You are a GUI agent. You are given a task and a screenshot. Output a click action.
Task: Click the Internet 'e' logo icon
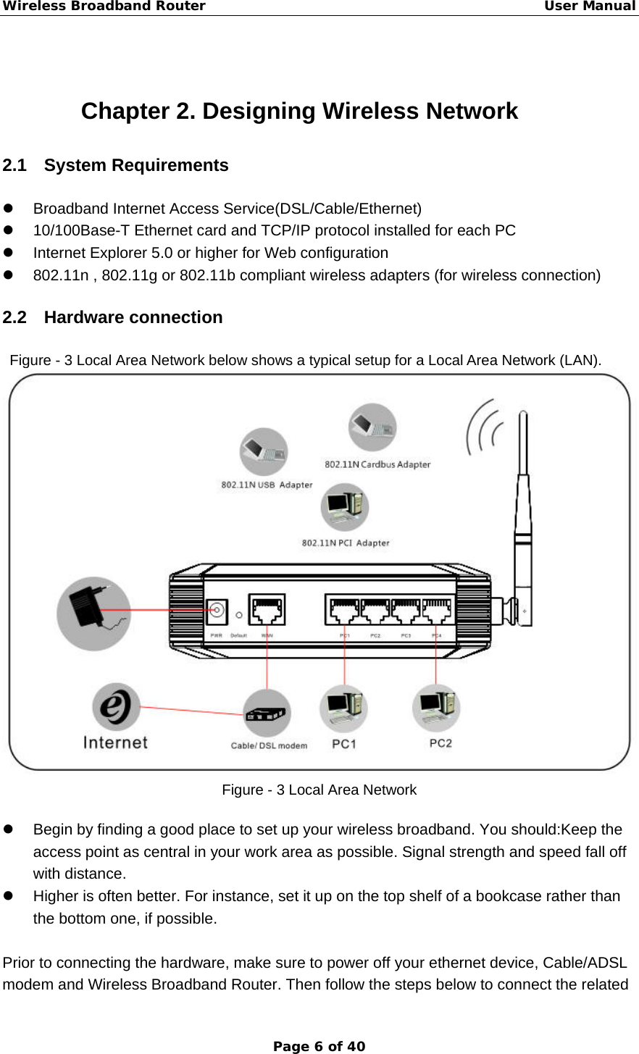click(x=116, y=707)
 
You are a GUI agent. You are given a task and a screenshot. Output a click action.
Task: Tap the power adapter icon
click(x=93, y=613)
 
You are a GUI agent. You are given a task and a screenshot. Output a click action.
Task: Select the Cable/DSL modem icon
click(x=267, y=713)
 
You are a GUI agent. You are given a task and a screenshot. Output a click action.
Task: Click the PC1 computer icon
click(x=343, y=708)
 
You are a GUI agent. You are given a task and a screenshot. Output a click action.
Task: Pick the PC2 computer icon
click(x=436, y=708)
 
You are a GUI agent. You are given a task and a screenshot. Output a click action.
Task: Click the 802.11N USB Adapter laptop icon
click(x=264, y=451)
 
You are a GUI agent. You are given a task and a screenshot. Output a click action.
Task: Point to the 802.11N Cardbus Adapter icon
click(x=372, y=427)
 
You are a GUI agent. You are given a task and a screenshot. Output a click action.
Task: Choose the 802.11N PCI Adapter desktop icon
click(x=345, y=507)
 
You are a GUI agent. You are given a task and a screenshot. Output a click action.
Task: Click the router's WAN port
click(x=267, y=610)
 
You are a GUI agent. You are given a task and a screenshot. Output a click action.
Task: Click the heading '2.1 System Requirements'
click(x=115, y=165)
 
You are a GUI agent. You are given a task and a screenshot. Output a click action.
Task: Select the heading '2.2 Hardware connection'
click(x=112, y=317)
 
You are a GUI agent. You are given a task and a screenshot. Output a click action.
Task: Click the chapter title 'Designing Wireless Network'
click(x=299, y=111)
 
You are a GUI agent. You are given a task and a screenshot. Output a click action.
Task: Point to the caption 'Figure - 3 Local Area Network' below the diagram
click(x=319, y=790)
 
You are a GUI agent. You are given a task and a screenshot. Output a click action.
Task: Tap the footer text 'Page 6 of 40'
click(x=319, y=1046)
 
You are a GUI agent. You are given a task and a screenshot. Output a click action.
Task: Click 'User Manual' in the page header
click(x=589, y=7)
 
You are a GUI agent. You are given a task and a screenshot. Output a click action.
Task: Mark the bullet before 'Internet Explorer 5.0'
click(x=9, y=253)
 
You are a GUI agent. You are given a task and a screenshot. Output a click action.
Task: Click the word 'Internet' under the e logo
click(x=115, y=743)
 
